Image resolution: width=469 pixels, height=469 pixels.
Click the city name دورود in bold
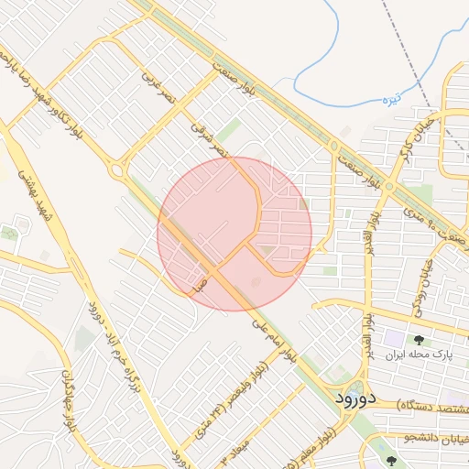(350, 398)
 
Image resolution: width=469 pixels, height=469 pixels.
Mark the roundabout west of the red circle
(117, 170)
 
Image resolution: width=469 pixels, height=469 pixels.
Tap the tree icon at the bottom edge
(391, 461)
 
